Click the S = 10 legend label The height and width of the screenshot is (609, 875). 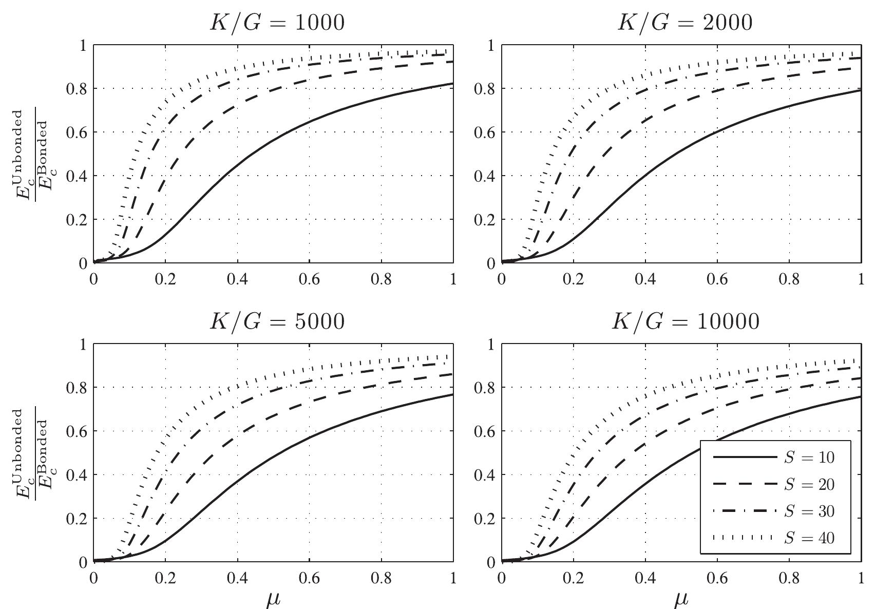[809, 458]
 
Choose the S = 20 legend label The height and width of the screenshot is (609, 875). [809, 484]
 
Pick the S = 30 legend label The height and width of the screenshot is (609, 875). [809, 511]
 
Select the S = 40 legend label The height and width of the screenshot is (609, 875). [809, 538]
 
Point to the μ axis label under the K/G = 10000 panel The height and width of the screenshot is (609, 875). [681, 599]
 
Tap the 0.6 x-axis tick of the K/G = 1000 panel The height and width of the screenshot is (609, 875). [309, 280]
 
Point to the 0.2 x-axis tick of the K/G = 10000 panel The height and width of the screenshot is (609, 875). [574, 579]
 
